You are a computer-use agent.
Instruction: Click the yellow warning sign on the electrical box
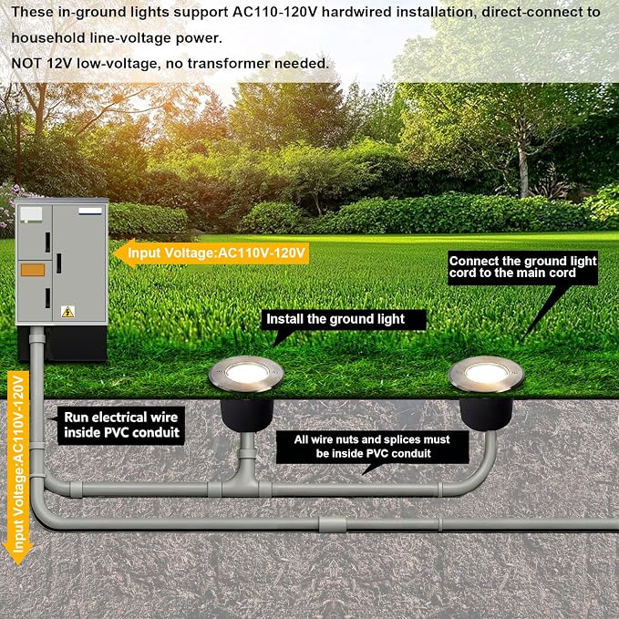click(x=67, y=312)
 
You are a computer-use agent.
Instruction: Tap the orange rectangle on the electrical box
click(x=33, y=270)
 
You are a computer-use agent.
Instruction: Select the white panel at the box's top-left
click(x=31, y=214)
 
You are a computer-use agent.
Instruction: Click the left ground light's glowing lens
click(x=247, y=373)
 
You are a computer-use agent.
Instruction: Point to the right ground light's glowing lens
click(x=487, y=373)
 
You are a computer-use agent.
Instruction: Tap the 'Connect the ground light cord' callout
click(x=522, y=267)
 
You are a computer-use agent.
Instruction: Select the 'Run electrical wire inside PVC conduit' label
click(x=121, y=425)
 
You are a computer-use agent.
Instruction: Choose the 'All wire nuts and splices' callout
click(x=372, y=447)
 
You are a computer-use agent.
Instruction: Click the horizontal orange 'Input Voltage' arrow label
click(x=211, y=253)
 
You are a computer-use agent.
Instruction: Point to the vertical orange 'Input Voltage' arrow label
click(x=18, y=468)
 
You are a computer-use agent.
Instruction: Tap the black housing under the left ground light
click(x=247, y=415)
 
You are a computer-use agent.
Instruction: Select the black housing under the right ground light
click(x=486, y=415)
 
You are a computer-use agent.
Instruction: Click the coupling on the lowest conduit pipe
click(x=333, y=524)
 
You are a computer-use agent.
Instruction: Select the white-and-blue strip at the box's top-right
click(x=90, y=211)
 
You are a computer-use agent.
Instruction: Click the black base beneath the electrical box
click(x=62, y=343)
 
